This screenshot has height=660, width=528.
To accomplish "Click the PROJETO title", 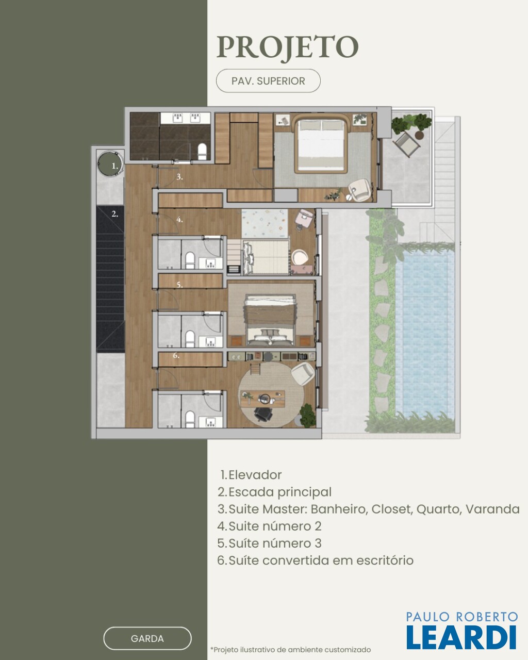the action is click(x=288, y=47).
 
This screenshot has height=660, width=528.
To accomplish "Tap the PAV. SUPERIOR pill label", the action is click(x=268, y=81).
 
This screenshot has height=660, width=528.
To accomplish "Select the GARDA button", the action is click(x=147, y=638).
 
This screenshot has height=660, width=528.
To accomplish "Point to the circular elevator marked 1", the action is click(x=111, y=164).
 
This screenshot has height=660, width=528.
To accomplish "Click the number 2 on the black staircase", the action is click(x=115, y=214).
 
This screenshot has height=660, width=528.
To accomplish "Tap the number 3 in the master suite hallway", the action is click(x=179, y=177).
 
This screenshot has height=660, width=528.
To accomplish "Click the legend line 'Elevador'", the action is click(x=251, y=475).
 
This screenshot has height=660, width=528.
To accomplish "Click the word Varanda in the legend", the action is click(x=492, y=509).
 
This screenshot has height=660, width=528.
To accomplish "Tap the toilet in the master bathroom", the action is click(x=202, y=152).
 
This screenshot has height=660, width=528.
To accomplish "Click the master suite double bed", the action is click(x=321, y=144).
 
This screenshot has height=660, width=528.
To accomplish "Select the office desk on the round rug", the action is click(x=262, y=399).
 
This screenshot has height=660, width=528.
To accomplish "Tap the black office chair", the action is click(x=263, y=415).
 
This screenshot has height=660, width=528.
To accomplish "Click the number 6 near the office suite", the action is click(x=176, y=355).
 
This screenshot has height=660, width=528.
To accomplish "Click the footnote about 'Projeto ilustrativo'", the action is click(x=290, y=650).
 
